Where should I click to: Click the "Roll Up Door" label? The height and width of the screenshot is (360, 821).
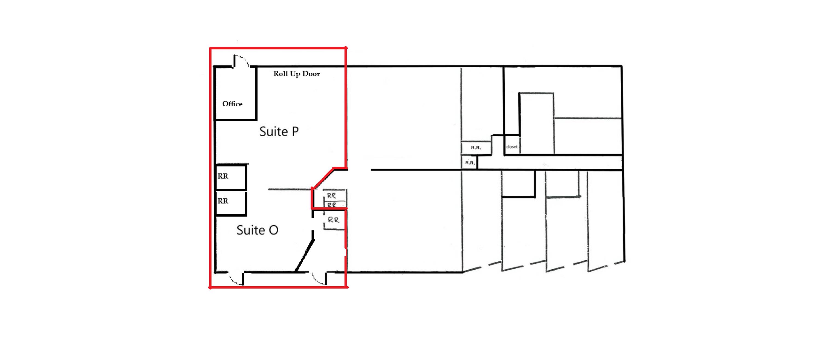(296, 74)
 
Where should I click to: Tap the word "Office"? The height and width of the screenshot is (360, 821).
(232, 104)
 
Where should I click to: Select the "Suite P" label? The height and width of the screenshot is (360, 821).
(279, 131)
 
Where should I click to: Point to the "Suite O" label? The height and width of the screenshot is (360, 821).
(257, 230)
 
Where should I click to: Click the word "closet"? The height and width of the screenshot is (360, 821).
(512, 147)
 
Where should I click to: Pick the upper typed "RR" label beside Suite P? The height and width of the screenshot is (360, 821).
(223, 176)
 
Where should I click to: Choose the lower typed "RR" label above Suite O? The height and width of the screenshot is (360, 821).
(223, 201)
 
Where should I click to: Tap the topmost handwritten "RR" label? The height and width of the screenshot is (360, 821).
(331, 195)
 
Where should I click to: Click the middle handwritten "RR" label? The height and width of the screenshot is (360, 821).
(332, 205)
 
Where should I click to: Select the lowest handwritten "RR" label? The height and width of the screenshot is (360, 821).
(333, 220)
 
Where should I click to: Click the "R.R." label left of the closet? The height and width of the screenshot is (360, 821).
(476, 148)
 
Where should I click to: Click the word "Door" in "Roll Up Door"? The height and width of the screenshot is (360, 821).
(311, 74)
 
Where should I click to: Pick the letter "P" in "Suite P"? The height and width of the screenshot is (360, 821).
(295, 131)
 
